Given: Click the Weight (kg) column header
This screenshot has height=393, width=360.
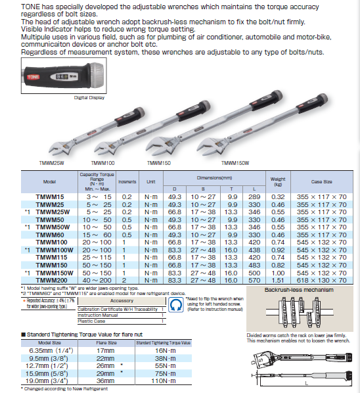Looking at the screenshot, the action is [278, 181].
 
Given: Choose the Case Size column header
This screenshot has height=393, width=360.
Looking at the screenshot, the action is [321, 181].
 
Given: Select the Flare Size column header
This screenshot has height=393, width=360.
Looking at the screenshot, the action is [106, 342].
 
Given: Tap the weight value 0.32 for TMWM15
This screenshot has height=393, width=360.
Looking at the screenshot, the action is [279, 196].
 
